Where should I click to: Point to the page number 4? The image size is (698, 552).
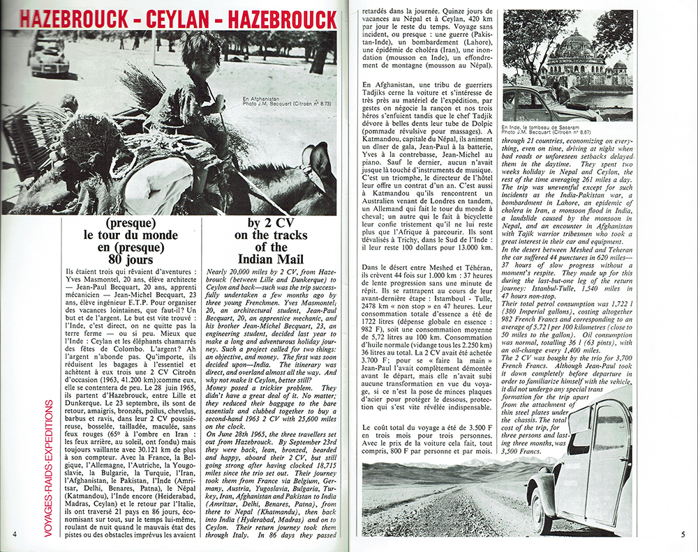(x=14, y=534)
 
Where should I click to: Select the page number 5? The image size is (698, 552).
(x=684, y=535)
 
